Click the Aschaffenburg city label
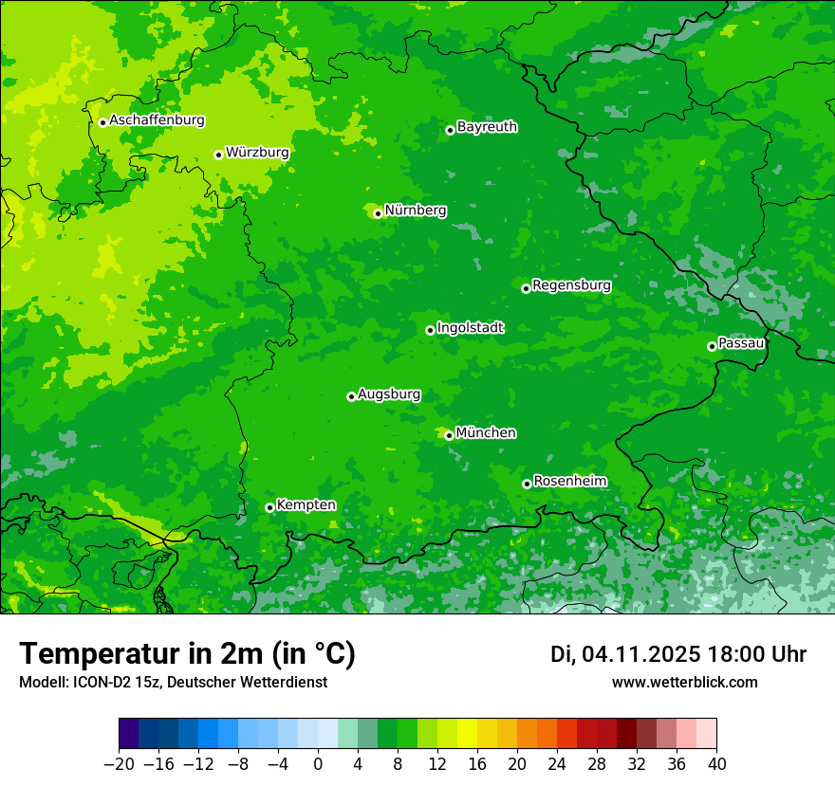point(157,120)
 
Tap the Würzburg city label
point(257,152)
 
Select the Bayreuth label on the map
point(487,127)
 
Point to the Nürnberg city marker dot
point(378,213)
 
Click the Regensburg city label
point(571,285)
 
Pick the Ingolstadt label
point(470,328)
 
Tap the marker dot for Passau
point(712,346)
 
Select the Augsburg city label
point(389,394)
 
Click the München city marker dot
point(449,435)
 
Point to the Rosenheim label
point(569,482)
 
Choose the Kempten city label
point(306,505)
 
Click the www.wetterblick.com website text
point(684,683)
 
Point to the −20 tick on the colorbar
point(119,764)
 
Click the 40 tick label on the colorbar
point(716,764)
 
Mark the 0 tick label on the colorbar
point(318,764)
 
